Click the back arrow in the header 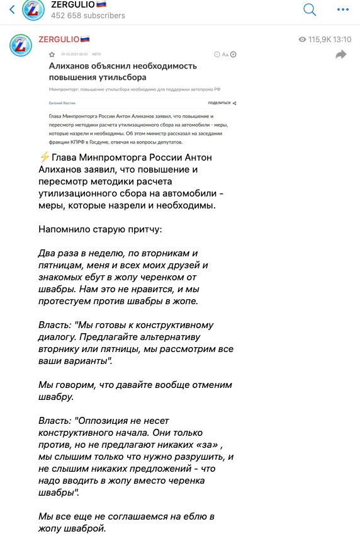pyautogui.click(x=11, y=10)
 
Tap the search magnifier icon pyautogui.click(x=310, y=9)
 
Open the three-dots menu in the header pyautogui.click(x=343, y=9)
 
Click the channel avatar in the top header pyautogui.click(x=33, y=10)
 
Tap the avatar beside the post pyautogui.click(x=20, y=45)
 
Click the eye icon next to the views pyautogui.click(x=302, y=40)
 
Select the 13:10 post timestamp pyautogui.click(x=343, y=39)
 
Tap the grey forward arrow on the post pyautogui.click(x=341, y=55)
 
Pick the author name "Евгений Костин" pyautogui.click(x=60, y=102)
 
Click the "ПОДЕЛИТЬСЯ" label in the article pyautogui.click(x=219, y=102)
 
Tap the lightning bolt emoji pyautogui.click(x=44, y=157)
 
